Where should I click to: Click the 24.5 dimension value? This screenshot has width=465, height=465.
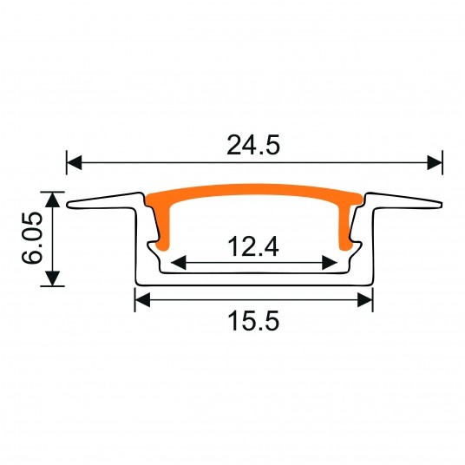click(253, 146)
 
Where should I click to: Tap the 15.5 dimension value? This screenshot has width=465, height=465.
click(253, 321)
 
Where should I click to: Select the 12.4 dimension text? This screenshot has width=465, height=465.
click(253, 246)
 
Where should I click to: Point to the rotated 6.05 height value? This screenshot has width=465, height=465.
click(32, 238)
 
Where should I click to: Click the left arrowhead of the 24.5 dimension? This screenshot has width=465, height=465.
click(74, 162)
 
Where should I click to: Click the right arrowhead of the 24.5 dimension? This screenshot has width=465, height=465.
click(435, 162)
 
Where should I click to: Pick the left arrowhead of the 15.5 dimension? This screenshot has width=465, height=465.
click(142, 300)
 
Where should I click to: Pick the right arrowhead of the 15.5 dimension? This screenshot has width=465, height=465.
click(365, 300)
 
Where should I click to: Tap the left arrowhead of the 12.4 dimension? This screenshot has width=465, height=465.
click(179, 263)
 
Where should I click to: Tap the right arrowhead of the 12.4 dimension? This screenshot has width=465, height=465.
click(330, 263)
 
